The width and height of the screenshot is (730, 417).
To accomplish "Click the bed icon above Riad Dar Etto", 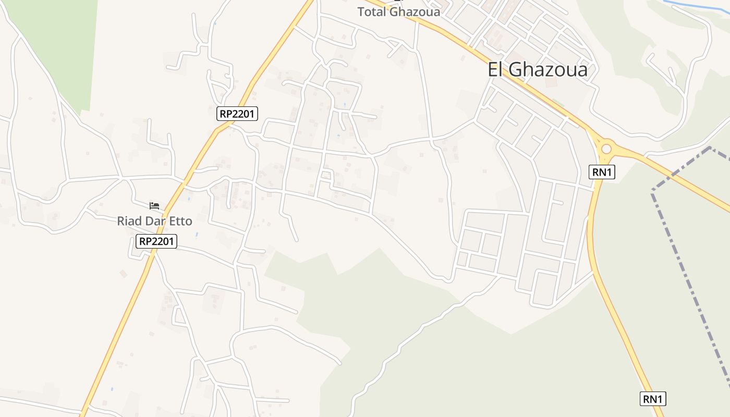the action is tap(154, 205).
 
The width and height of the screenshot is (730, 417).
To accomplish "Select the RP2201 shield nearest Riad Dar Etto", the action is tap(156, 241).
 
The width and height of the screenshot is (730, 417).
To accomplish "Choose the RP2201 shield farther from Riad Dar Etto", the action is tap(237, 114).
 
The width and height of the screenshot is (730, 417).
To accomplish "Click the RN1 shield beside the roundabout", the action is tap(602, 173).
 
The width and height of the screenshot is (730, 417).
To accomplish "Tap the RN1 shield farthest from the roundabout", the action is tap(653, 399).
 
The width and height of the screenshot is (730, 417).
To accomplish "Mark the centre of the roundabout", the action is tap(606, 149).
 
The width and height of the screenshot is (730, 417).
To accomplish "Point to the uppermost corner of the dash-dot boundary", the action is tap(710, 148).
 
